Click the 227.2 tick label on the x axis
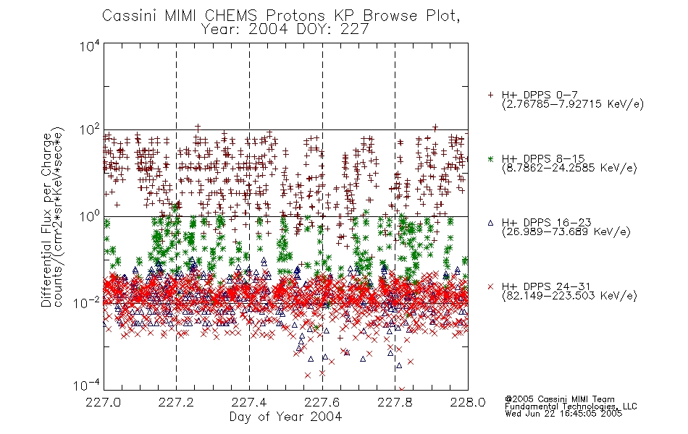[176, 402]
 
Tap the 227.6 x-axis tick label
[322, 402]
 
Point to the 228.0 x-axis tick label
[468, 402]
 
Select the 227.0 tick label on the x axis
[103, 402]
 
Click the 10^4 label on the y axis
[90, 46]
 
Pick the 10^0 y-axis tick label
[90, 216]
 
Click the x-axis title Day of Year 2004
[285, 417]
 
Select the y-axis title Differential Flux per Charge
[46, 220]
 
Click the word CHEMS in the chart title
[231, 16]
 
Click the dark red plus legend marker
[491, 95]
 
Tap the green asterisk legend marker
[491, 158]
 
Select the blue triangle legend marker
[491, 223]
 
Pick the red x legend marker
[491, 286]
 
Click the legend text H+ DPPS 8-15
[543, 158]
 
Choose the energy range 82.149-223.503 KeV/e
[569, 296]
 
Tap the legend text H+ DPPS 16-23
[547, 223]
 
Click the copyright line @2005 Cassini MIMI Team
[560, 399]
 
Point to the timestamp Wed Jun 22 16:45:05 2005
[564, 414]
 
